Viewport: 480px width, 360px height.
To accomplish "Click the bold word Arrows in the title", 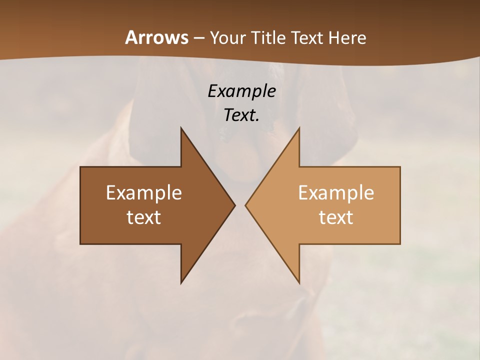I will [156, 37].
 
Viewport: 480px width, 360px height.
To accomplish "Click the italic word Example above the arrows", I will [242, 91].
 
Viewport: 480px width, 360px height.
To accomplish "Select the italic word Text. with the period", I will [242, 115].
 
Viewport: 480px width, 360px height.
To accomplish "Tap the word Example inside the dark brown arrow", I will [144, 192].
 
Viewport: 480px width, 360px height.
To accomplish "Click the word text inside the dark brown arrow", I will [144, 217].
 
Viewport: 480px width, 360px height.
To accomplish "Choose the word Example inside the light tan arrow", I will [336, 192].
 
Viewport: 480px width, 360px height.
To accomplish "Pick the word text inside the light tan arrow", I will [336, 217].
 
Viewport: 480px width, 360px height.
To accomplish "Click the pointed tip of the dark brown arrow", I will [234, 205].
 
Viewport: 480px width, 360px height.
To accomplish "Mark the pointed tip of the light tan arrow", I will [246, 205].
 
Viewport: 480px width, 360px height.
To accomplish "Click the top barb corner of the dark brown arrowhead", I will [181, 128].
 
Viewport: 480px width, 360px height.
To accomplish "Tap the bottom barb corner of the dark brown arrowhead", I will [181, 282].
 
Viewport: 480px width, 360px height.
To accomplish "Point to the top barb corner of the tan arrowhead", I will [299, 128].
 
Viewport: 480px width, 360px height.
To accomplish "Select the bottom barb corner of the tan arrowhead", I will [299, 282].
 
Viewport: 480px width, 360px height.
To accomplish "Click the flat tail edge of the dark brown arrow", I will [80, 205].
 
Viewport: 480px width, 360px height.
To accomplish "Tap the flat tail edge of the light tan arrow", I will [400, 205].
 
